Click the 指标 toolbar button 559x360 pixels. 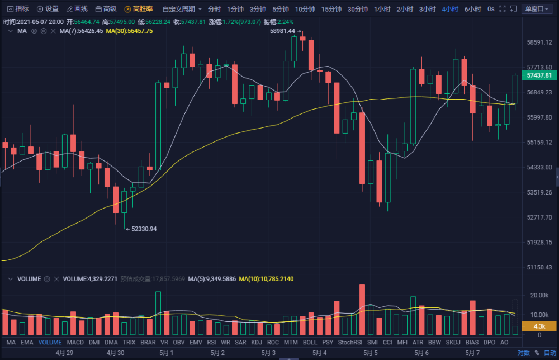click(18, 9)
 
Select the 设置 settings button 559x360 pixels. click(48, 9)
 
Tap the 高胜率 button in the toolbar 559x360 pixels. click(139, 9)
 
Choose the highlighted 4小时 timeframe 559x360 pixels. click(449, 9)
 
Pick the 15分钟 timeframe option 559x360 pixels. click(331, 9)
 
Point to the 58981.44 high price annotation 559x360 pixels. click(282, 31)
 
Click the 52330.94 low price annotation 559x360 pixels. click(144, 229)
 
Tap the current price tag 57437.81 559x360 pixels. click(539, 75)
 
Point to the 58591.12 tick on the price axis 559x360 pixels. click(539, 42)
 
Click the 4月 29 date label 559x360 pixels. click(64, 353)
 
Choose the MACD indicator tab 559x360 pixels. click(75, 342)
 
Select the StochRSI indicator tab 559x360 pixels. click(350, 342)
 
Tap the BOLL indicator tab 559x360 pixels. click(310, 342)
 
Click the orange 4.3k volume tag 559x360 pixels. click(539, 326)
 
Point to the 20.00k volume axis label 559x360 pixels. click(539, 295)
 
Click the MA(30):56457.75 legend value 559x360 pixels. click(130, 31)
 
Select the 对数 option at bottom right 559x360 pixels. click(523, 353)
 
